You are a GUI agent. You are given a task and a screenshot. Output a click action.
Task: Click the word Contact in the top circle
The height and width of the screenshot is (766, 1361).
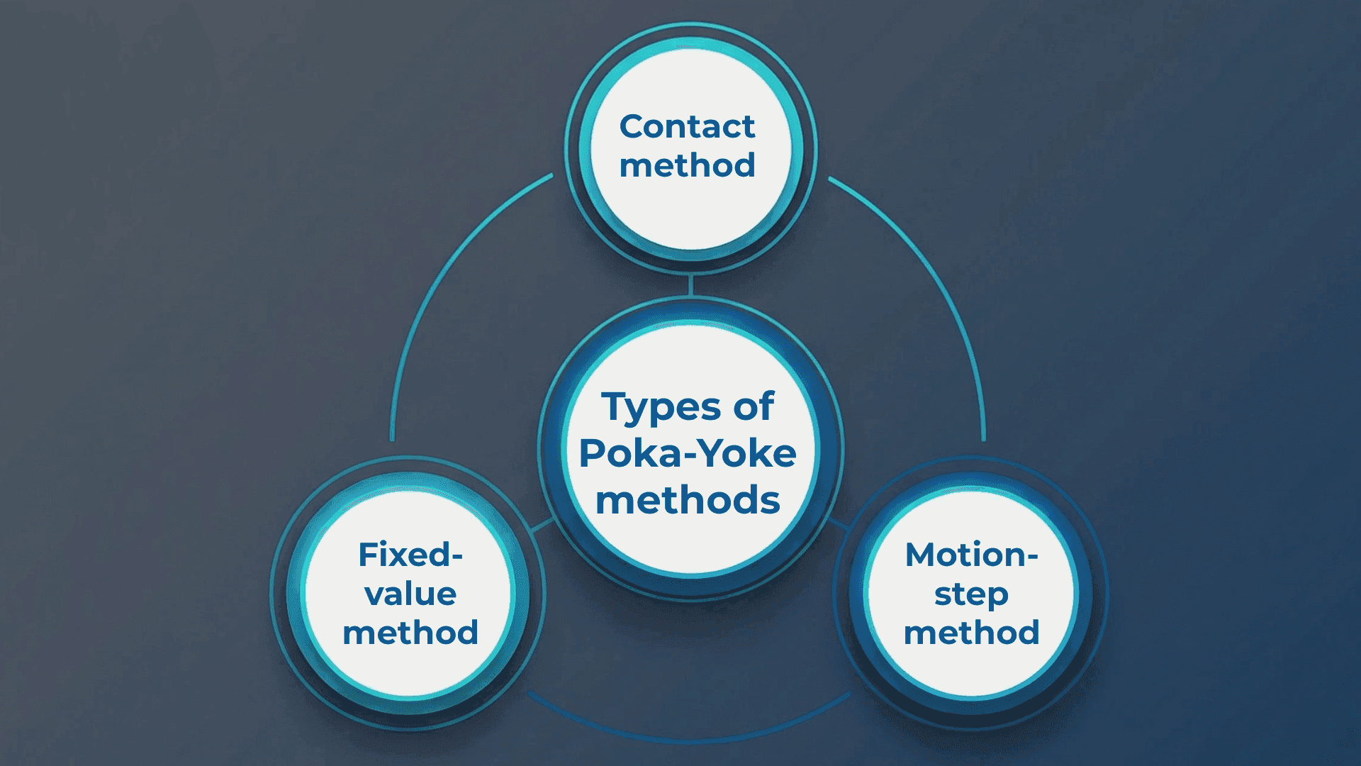pos(687,127)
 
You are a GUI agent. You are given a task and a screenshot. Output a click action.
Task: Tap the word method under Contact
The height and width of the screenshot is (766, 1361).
pos(687,166)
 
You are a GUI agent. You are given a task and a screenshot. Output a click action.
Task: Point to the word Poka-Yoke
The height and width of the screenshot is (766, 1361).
pos(688,454)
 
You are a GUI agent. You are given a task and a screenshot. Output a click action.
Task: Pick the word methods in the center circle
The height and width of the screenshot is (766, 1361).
pos(688,501)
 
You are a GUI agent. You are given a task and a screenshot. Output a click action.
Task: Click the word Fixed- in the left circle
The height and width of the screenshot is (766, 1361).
pos(410,555)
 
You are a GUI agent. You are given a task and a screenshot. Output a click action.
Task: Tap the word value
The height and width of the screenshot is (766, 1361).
pos(410,594)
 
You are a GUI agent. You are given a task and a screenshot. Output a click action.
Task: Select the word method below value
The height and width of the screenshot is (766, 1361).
pos(410,633)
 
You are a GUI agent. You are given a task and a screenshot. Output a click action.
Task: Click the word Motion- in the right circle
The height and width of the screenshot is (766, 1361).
pos(971,555)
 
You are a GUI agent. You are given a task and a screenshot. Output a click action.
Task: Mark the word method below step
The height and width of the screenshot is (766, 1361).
pos(971,633)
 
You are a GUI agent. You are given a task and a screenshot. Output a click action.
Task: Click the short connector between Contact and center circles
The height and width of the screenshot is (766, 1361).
pos(690,285)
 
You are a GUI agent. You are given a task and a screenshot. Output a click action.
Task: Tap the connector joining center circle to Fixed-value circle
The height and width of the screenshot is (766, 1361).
pos(542,526)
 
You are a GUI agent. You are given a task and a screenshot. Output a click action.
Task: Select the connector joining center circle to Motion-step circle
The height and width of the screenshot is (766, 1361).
pos(839,525)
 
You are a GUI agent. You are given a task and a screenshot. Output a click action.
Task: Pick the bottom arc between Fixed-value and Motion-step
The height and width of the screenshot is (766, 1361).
pos(688,740)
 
